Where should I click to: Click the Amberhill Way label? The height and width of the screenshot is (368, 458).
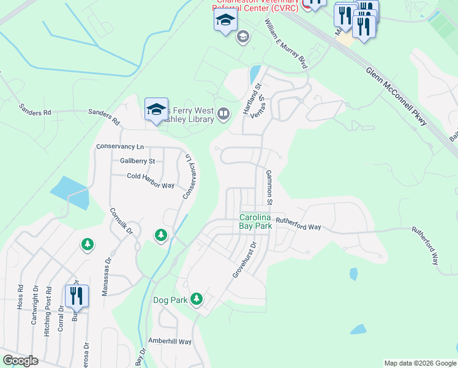(x=170, y=341)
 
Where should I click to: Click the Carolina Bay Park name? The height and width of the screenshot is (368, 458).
(x=255, y=221)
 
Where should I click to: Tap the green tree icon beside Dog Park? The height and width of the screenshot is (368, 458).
(x=197, y=299)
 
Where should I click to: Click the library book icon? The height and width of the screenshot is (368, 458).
(x=223, y=113)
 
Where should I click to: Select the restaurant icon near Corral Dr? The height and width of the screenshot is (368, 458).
(x=77, y=296)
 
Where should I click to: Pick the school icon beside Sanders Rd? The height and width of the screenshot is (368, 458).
(x=156, y=110)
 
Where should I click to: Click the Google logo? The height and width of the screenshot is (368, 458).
(x=20, y=361)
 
